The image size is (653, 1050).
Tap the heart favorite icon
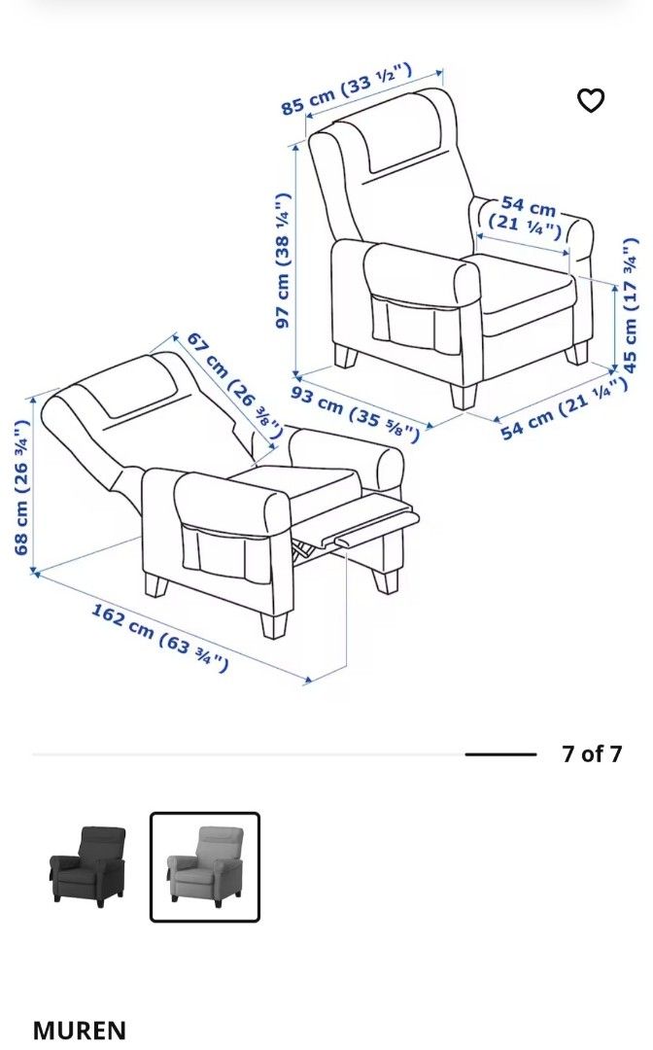pos(591,100)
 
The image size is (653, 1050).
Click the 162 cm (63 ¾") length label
pos(160,638)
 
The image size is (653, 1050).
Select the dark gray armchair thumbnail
pos(88,865)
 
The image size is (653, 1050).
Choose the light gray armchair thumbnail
pos(205,865)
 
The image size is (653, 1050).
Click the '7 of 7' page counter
pos(591,753)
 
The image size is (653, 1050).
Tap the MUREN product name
pos(80,1030)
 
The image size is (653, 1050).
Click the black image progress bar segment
pos(500,753)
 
